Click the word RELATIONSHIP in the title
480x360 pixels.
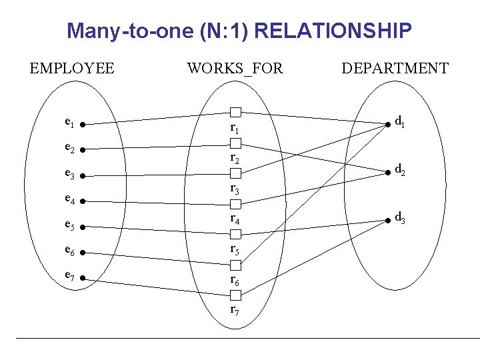pyautogui.click(x=333, y=31)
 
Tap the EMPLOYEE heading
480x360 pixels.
pyautogui.click(x=72, y=68)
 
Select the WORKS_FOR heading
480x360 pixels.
pyautogui.click(x=235, y=68)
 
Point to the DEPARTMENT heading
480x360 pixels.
pyautogui.click(x=395, y=68)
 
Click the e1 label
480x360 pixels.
pyautogui.click(x=69, y=122)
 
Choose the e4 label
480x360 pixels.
pyautogui.click(x=69, y=198)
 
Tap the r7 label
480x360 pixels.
pyautogui.click(x=234, y=310)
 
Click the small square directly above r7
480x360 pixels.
pyautogui.click(x=235, y=295)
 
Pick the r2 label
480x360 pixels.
pyautogui.click(x=234, y=158)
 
